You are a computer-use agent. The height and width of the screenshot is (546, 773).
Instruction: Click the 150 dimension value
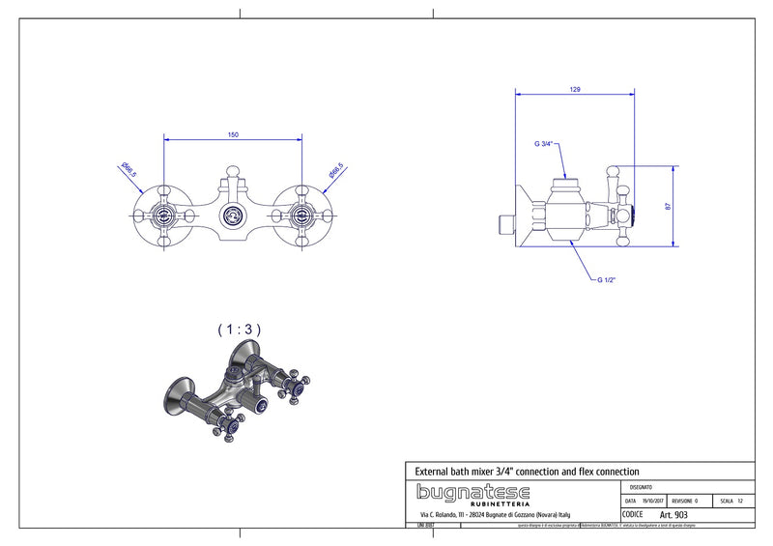tap(233, 134)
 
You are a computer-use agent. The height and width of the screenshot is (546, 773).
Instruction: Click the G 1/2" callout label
tap(606, 279)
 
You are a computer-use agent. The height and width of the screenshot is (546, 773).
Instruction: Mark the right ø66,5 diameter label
tap(336, 171)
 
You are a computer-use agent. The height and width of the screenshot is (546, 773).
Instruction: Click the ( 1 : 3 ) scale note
tap(239, 330)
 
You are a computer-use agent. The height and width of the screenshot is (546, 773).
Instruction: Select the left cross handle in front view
tap(164, 215)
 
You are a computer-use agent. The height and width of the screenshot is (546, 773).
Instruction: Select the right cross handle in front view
tap(301, 215)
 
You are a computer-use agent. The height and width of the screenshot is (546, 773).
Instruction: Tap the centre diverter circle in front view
tap(233, 216)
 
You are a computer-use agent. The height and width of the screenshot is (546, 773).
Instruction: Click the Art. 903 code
tap(673, 515)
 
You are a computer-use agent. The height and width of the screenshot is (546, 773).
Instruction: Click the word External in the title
tap(435, 471)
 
